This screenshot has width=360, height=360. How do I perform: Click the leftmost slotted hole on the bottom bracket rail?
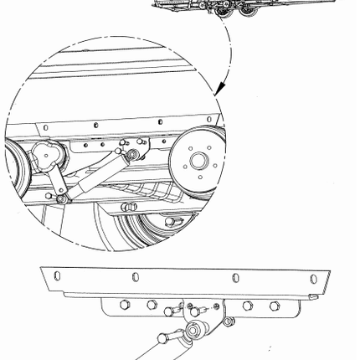(56, 275)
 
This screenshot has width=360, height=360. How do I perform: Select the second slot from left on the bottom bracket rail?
(136, 275)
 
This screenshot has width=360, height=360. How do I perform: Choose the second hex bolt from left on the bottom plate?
(152, 305)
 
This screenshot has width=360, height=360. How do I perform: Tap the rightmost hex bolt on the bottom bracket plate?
(274, 306)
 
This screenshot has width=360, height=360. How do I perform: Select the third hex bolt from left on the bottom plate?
(248, 306)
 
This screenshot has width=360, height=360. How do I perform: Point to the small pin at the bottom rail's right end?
(312, 296)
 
